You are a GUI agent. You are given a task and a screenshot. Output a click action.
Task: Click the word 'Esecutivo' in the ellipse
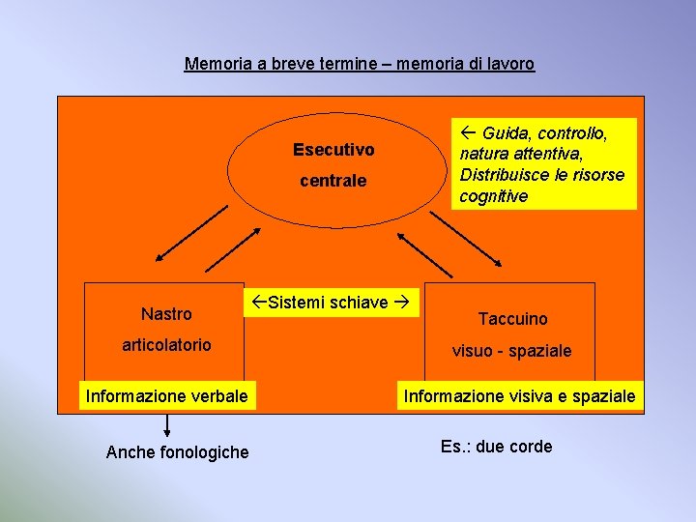click(333, 150)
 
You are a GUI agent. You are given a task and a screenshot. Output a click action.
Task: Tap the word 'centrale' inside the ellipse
click(333, 181)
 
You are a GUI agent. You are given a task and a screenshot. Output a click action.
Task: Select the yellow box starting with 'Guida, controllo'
click(545, 163)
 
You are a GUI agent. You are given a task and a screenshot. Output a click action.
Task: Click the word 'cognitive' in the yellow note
click(494, 196)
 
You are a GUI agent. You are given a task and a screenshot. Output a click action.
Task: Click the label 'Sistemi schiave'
click(329, 303)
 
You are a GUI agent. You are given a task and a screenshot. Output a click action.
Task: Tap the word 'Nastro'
click(166, 313)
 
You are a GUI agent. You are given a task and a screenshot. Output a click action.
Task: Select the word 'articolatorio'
click(166, 345)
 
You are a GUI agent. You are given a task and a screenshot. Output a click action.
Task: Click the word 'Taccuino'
click(512, 319)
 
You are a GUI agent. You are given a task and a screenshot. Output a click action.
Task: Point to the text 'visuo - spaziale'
click(512, 351)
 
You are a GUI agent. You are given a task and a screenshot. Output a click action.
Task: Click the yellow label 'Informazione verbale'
click(167, 395)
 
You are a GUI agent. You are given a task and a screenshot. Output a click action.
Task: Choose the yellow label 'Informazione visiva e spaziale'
click(520, 395)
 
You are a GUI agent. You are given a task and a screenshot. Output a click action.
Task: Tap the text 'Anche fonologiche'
click(177, 452)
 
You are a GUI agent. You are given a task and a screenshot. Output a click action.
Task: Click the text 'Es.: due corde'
click(497, 447)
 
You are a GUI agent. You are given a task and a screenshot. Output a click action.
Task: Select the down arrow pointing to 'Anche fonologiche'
click(167, 424)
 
